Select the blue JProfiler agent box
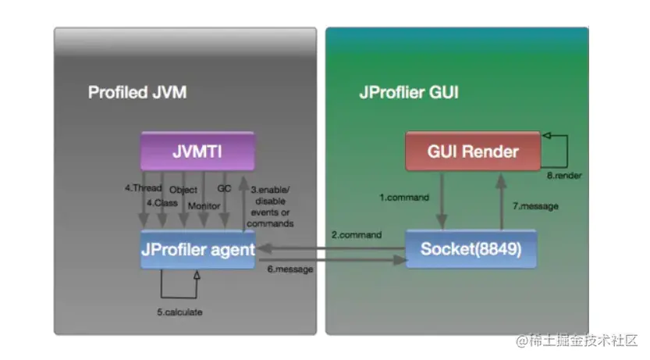tap(198, 250)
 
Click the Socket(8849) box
tap(471, 250)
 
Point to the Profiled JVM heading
tap(137, 93)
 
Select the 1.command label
tap(404, 198)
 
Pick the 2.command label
tap(357, 234)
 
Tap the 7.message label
tap(534, 207)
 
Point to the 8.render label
tap(564, 176)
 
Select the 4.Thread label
tap(144, 188)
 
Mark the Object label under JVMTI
tap(183, 189)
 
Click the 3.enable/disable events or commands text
tap(270, 206)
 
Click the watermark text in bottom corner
tap(576, 340)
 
